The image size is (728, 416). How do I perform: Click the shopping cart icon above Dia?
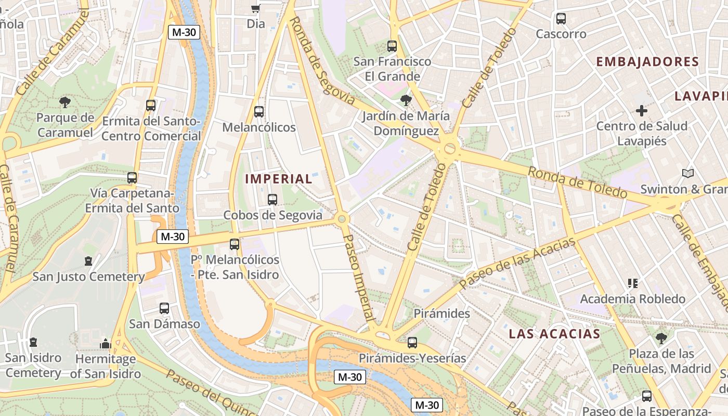point(255,8)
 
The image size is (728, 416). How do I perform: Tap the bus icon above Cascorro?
point(561,19)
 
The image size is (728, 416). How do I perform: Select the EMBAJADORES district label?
point(647,62)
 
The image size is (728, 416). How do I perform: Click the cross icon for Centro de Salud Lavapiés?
point(642,111)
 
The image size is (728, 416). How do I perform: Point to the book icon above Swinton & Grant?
point(687,174)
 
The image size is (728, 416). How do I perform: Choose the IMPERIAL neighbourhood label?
point(278,179)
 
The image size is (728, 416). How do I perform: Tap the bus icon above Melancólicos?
point(258,112)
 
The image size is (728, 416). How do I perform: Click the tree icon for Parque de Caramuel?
point(65,102)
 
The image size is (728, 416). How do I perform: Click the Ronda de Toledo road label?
point(578,183)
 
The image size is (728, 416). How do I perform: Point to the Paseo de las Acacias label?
point(517,263)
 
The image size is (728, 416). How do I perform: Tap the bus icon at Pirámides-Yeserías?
point(412,343)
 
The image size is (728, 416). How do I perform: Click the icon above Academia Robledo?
point(633,283)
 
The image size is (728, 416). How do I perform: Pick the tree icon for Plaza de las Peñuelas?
point(661,339)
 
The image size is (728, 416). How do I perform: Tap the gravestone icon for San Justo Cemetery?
point(88,261)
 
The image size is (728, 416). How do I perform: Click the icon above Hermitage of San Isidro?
point(106,344)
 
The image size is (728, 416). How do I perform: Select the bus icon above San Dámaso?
point(164,308)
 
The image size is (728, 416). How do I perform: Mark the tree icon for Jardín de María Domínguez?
point(406,100)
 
